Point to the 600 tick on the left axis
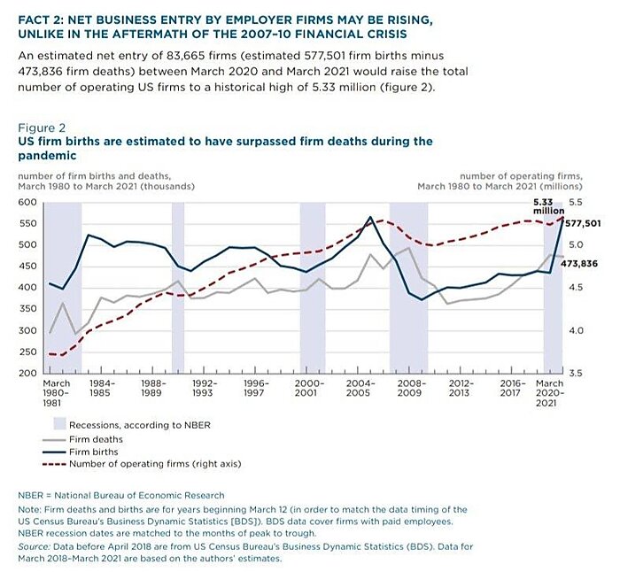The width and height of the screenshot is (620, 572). [x=27, y=203]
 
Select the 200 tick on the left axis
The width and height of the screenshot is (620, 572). [x=27, y=374]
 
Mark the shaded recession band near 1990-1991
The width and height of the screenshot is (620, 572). [x=177, y=283]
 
